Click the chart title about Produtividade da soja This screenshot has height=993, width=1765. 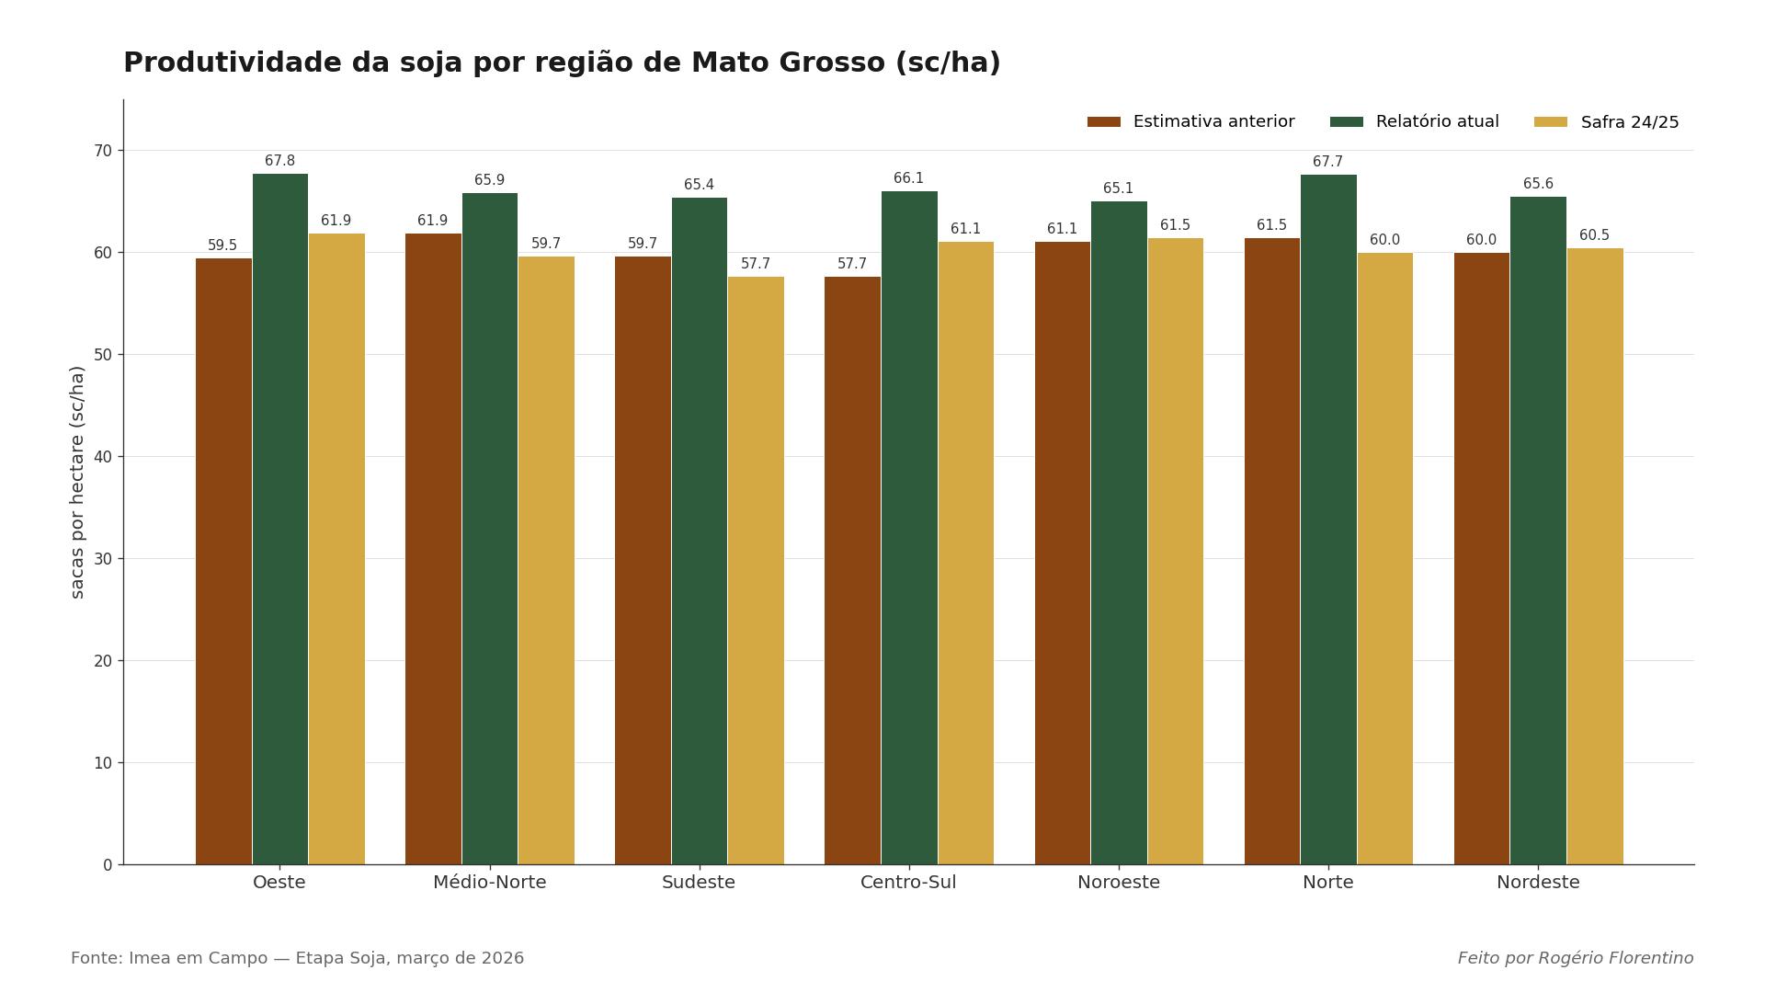click(562, 63)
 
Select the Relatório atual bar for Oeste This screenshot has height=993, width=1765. click(280, 519)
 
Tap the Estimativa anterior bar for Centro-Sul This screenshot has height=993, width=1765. click(852, 570)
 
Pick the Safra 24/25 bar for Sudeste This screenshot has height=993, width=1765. click(756, 570)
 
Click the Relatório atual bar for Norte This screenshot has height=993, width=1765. click(1328, 519)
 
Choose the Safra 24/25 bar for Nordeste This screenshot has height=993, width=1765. click(1595, 556)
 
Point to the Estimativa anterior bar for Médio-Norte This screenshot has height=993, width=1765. click(433, 549)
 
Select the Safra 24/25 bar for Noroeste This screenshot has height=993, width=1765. click(1175, 552)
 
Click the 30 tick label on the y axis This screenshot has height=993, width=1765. click(102, 559)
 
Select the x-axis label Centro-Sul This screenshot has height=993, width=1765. click(908, 883)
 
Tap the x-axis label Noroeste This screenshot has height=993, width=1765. click(1119, 883)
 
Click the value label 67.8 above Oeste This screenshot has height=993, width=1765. click(279, 161)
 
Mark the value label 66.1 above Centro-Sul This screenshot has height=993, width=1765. click(908, 178)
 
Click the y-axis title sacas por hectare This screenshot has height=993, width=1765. click(77, 482)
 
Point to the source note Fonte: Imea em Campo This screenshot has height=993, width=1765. click(297, 958)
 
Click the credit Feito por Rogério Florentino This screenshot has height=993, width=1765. click(1575, 958)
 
